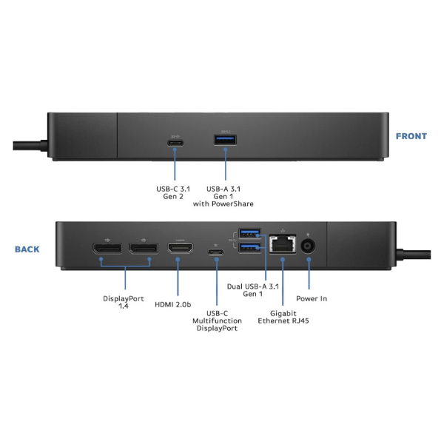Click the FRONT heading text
tap(411, 136)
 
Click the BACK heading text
tap(27, 249)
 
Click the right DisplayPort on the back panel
tap(143, 249)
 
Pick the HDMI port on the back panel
tap(179, 249)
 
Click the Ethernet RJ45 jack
tap(282, 245)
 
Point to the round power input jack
tap(309, 246)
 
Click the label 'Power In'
tap(311, 299)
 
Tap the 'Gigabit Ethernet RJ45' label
tap(282, 317)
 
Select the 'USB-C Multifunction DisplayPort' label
tap(215, 320)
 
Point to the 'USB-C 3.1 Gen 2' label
tap(172, 193)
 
